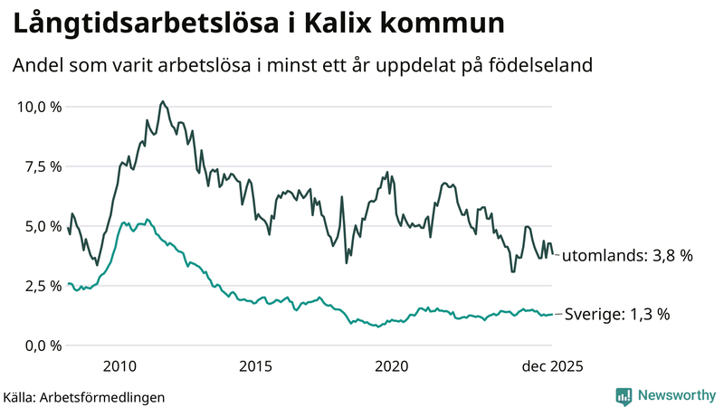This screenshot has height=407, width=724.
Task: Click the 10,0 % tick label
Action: (x=40, y=107)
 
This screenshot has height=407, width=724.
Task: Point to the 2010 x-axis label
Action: (x=119, y=366)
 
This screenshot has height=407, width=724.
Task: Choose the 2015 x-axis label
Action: (x=255, y=366)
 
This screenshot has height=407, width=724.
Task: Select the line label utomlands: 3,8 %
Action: (x=627, y=256)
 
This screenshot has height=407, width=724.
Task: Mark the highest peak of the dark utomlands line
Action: (x=161, y=101)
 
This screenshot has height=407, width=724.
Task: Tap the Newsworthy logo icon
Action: (x=624, y=395)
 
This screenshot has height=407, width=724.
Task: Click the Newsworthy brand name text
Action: (x=675, y=395)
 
